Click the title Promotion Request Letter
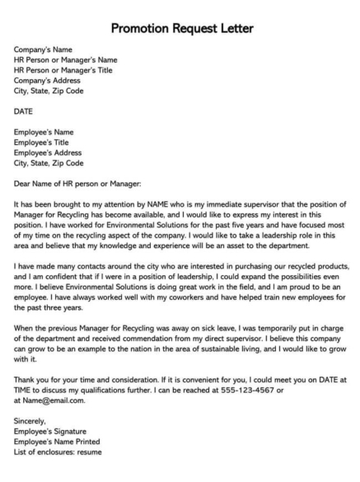[180, 30]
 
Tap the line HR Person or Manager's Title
[64, 70]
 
